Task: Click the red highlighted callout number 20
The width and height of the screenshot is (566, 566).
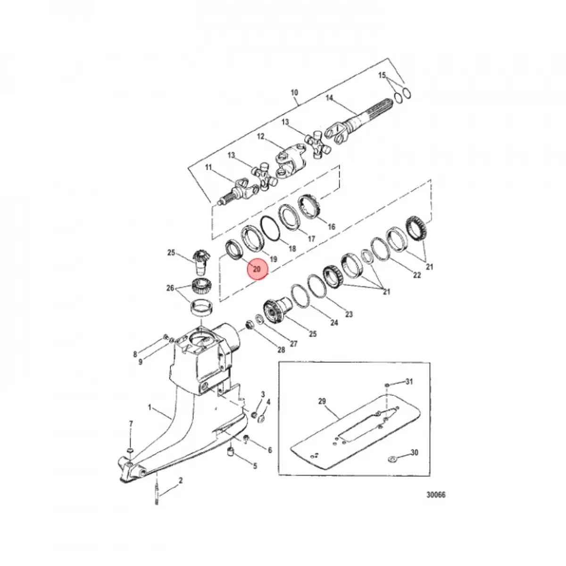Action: (257, 269)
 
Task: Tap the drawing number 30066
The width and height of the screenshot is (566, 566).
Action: (436, 495)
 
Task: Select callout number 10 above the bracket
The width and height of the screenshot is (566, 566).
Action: (294, 92)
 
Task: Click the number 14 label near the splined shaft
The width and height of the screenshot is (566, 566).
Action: (329, 98)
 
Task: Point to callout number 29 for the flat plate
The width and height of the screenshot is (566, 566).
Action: (322, 401)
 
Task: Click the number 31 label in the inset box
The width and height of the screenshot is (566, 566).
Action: (409, 382)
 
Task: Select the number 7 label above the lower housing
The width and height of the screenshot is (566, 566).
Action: (131, 424)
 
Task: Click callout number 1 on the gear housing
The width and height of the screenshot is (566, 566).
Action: (150, 408)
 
